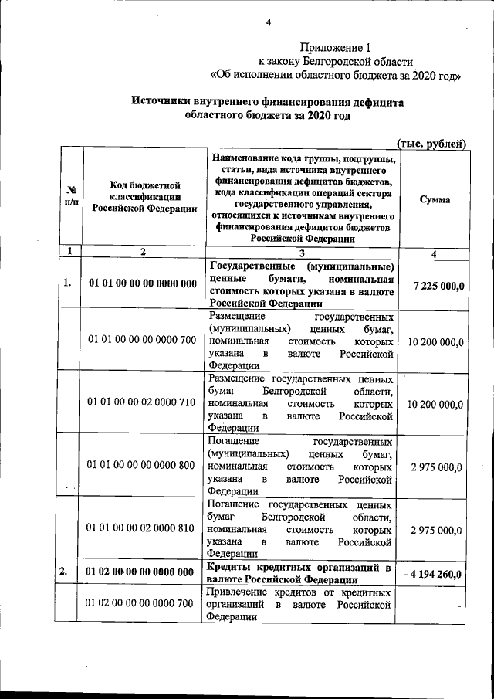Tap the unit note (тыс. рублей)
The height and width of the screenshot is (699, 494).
pos(431,143)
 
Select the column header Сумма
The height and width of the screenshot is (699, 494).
pos(435,199)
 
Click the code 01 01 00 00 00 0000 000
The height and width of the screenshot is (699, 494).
pos(143,284)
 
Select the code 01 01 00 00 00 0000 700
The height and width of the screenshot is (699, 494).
pos(143,340)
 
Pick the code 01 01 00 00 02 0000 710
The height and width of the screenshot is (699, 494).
pos(143,403)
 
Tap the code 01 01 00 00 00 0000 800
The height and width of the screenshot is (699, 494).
pos(143,467)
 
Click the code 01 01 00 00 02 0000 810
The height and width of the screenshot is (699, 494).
pos(143,530)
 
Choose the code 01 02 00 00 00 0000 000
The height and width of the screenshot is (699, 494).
pos(143,572)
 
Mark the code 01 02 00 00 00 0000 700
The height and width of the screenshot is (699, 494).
pos(143,603)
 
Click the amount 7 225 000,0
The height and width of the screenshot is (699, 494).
pos(438,287)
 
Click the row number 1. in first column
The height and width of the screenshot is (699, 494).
pos(68,284)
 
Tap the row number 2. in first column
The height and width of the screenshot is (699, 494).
pos(68,572)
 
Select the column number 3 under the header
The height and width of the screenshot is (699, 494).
pos(302,253)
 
